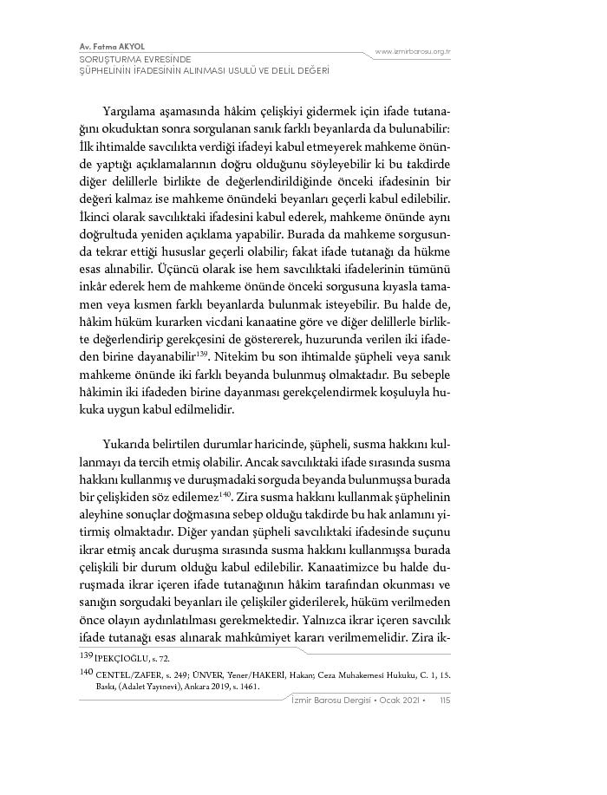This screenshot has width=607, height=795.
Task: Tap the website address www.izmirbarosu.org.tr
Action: (413, 53)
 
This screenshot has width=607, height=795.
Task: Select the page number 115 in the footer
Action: (444, 701)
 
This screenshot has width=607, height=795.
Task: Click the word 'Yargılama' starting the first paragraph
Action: (128, 113)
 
